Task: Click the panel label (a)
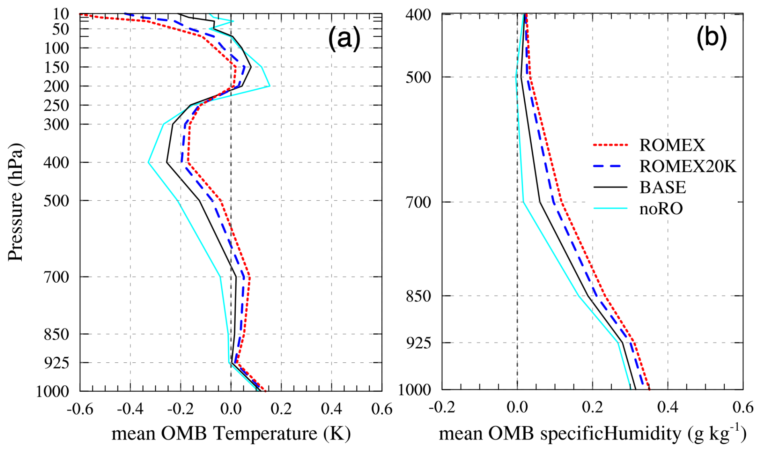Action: tap(344, 39)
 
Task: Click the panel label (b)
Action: tap(711, 37)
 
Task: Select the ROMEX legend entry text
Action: tap(672, 145)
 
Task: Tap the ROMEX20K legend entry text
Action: tap(687, 166)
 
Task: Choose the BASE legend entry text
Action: tap(662, 187)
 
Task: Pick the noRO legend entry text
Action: tap(661, 208)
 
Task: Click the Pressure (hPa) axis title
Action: tap(15, 202)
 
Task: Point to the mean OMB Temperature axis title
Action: tap(231, 434)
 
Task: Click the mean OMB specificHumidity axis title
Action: tap(592, 434)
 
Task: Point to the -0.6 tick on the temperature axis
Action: tap(80, 409)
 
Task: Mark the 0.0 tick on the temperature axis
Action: tap(231, 409)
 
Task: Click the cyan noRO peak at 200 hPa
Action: tap(269, 86)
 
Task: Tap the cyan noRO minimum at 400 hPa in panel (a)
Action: tap(149, 162)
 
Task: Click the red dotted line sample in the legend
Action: tap(610, 145)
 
